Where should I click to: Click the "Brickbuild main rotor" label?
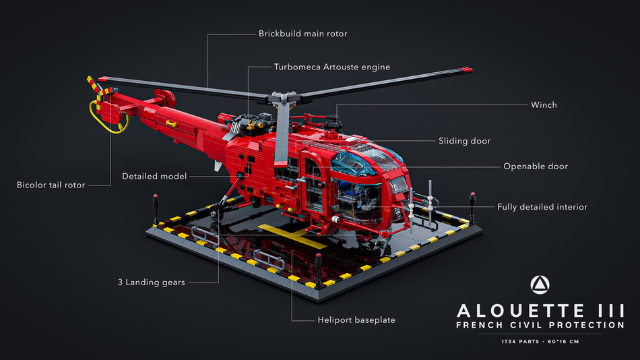pyautogui.click(x=303, y=34)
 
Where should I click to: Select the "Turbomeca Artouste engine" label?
pyautogui.click(x=332, y=67)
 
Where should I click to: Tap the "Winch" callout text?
pyautogui.click(x=544, y=105)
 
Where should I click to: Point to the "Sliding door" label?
pyautogui.click(x=464, y=141)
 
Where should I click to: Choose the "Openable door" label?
pyautogui.click(x=536, y=167)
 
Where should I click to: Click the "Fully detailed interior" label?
pyautogui.click(x=542, y=207)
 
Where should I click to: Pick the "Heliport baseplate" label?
pyautogui.click(x=356, y=320)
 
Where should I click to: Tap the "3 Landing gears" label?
pyautogui.click(x=152, y=282)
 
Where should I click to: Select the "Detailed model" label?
pyautogui.click(x=154, y=176)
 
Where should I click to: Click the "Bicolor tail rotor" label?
pyautogui.click(x=51, y=185)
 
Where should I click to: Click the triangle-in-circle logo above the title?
pyautogui.click(x=540, y=284)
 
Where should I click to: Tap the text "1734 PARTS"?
pyautogui.click(x=520, y=342)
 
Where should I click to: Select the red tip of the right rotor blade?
pyautogui.click(x=466, y=70)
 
